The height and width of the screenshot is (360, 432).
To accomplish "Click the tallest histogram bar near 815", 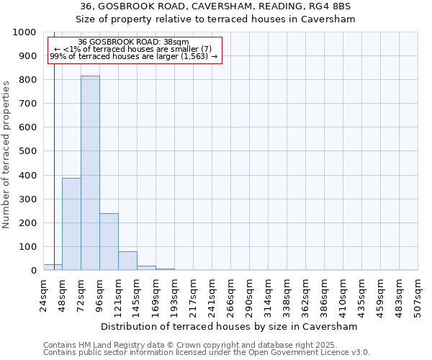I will [90, 173].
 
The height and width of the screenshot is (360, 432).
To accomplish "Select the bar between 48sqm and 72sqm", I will [71, 224].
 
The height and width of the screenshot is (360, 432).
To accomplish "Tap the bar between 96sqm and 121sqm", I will [109, 242].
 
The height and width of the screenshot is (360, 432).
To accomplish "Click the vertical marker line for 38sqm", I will [54, 158].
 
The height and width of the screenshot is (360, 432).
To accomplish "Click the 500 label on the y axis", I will [28, 151].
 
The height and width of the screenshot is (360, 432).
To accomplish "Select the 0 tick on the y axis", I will [33, 271].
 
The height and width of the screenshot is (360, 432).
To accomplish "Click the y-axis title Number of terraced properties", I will [7, 155].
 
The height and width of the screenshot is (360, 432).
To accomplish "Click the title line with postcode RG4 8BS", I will [216, 6].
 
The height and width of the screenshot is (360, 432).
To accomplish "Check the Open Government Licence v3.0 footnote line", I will [207, 353].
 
